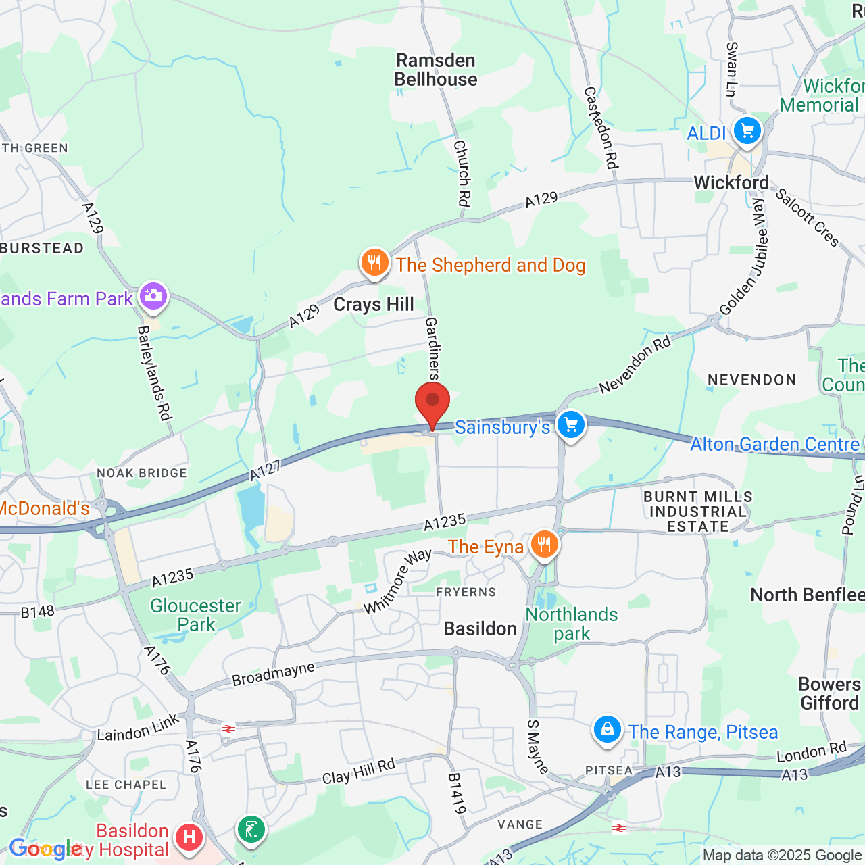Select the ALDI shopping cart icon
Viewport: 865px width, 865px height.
(x=747, y=130)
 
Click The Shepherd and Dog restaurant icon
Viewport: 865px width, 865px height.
(x=374, y=263)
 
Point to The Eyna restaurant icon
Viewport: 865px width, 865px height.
(x=544, y=544)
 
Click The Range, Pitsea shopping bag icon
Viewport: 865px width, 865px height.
(x=607, y=730)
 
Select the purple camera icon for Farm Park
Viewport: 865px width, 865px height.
(x=153, y=296)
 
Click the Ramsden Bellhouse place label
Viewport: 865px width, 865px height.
(x=436, y=70)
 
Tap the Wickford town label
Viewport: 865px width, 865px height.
(x=731, y=182)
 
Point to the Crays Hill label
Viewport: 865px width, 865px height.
(x=374, y=305)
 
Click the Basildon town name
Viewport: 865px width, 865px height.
(x=480, y=629)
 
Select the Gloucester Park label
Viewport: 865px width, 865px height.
(x=195, y=615)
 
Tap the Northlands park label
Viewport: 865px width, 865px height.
(x=572, y=624)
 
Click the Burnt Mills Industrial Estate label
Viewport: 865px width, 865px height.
(x=698, y=512)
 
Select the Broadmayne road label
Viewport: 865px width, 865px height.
(x=273, y=674)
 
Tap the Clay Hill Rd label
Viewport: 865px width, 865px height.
(x=358, y=772)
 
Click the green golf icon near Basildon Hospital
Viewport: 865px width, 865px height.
(x=251, y=829)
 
